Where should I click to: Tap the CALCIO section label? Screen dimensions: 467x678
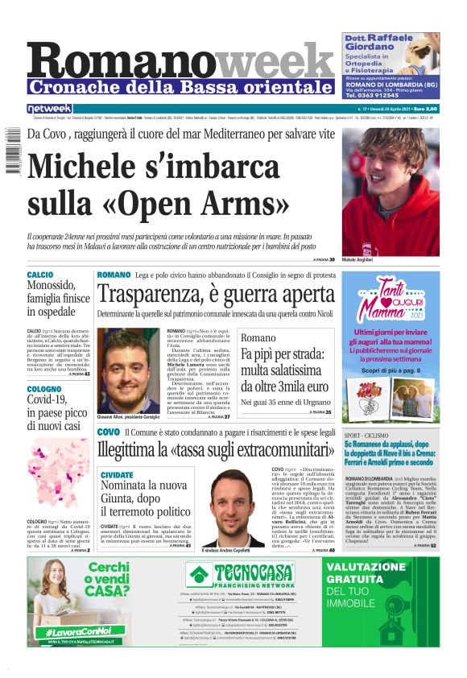tap(40, 275)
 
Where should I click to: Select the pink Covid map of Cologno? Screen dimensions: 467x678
tap(56, 466)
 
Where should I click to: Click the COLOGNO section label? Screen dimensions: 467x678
tap(43, 389)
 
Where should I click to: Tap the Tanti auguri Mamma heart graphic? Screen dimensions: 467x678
tap(390, 297)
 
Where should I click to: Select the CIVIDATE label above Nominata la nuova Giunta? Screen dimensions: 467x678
tap(117, 475)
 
